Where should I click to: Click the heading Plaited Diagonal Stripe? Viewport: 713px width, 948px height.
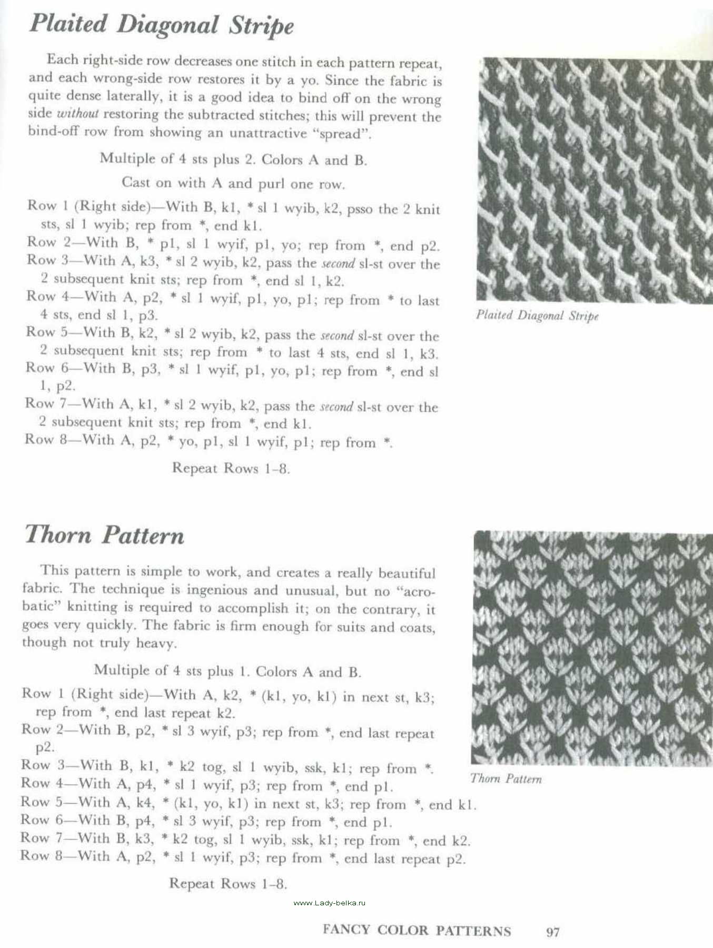161,25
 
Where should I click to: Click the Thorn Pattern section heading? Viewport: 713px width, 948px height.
104,535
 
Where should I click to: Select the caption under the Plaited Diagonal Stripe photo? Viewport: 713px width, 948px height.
537,315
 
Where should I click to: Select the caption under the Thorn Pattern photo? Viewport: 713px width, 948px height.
506,778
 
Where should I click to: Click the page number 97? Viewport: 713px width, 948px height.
552,932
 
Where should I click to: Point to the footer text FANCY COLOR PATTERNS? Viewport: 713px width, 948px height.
417,931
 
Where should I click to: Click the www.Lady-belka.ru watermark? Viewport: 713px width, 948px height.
329,903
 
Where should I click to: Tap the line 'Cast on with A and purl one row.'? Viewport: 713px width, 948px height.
233,183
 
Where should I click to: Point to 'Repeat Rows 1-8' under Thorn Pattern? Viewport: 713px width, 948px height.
228,883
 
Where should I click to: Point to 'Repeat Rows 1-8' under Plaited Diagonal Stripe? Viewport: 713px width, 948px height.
231,468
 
